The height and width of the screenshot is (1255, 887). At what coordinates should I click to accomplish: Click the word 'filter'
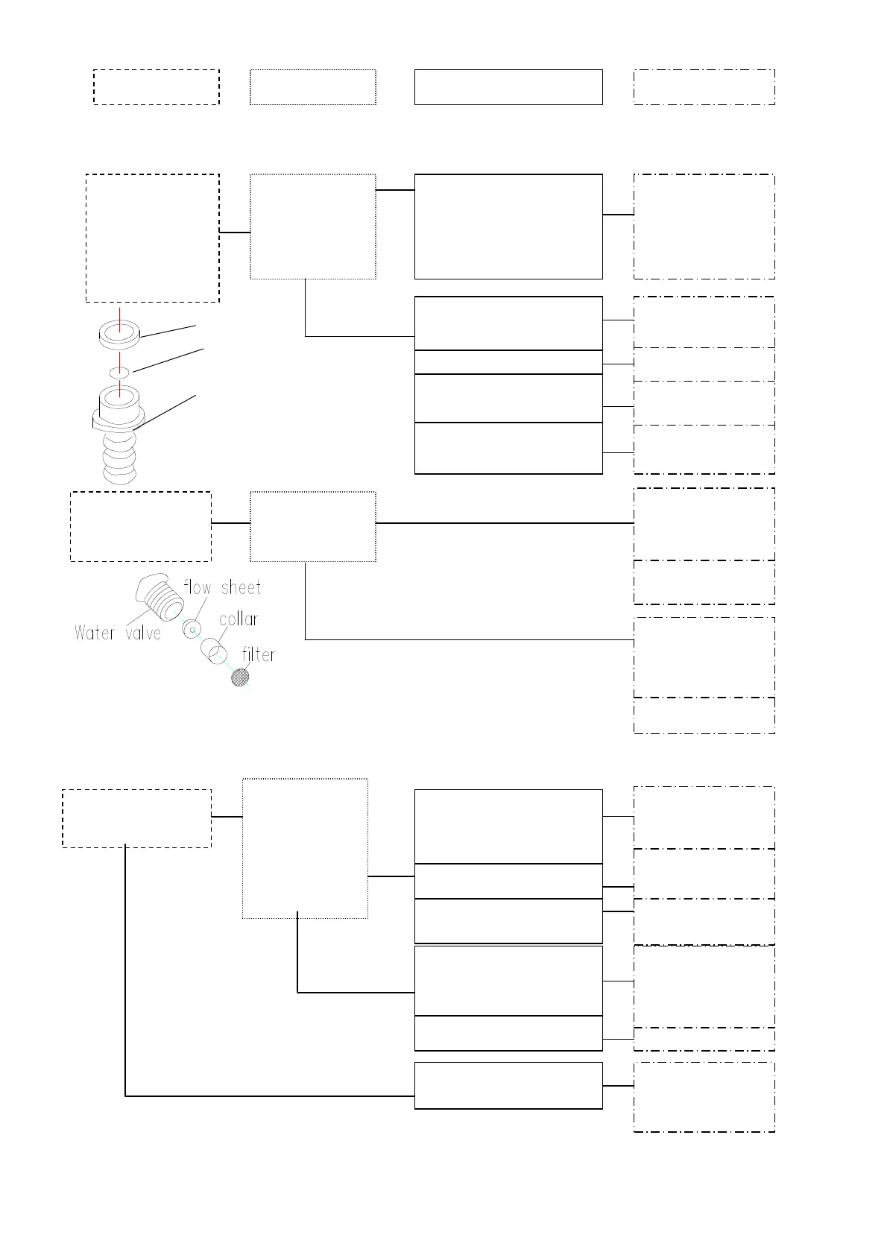click(259, 655)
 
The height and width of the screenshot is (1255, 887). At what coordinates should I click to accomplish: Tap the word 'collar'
click(239, 619)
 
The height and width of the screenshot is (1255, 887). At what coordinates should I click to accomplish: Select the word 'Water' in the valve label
click(95, 633)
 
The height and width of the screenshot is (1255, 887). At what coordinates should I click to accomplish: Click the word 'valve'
click(143, 633)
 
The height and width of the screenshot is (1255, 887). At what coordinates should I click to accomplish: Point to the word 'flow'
click(198, 588)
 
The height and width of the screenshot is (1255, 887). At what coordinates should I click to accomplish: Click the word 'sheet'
click(241, 588)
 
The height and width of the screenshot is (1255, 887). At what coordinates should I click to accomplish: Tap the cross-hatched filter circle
click(240, 677)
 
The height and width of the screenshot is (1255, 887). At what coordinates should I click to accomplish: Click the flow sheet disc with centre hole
click(192, 630)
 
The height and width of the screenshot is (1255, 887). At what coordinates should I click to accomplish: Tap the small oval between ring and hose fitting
click(119, 372)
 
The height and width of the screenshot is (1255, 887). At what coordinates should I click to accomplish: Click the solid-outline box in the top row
click(508, 87)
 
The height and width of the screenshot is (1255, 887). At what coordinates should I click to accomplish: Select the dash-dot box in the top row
click(704, 87)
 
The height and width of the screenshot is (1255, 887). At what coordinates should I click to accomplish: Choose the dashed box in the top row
click(157, 87)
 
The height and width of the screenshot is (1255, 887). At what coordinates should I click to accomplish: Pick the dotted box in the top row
click(313, 87)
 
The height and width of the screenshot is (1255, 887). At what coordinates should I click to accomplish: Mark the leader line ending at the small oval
click(168, 359)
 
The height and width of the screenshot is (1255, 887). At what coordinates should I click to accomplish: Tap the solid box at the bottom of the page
click(508, 1085)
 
